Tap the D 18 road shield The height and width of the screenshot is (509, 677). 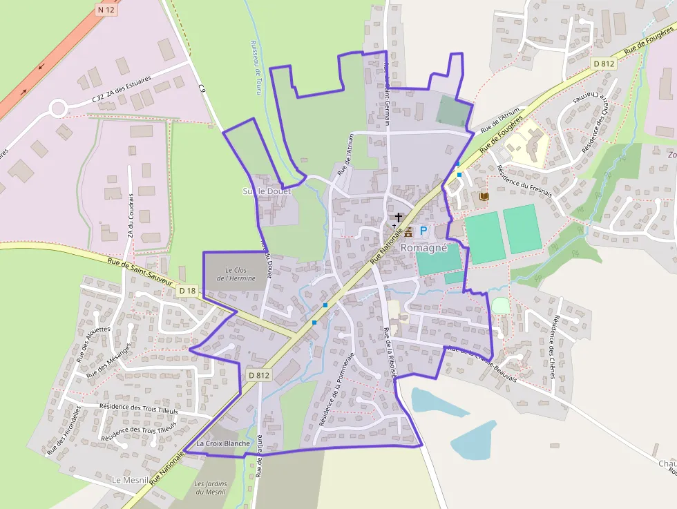pos(187,291)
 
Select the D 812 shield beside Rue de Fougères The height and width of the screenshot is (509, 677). pos(604,64)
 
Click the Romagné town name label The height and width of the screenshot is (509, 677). pos(424,247)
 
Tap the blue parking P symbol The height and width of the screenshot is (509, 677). pos(423,231)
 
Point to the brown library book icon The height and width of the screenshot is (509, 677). pos(484,197)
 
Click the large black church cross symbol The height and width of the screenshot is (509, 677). pos(399,218)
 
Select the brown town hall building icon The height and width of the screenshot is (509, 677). pos(408,231)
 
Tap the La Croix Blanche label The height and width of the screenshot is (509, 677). pos(223,443)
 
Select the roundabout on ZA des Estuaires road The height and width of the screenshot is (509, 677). pos(57,108)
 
